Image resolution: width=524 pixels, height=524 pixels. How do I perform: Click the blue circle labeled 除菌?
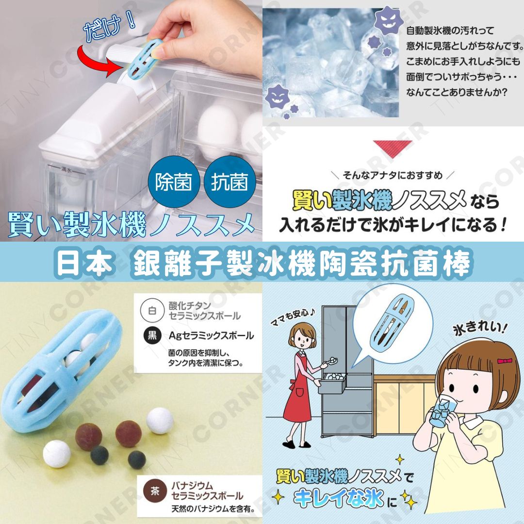click(174, 182)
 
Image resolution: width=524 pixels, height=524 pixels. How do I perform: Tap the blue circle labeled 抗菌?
click(229, 182)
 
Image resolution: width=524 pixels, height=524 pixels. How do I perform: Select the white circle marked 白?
click(152, 311)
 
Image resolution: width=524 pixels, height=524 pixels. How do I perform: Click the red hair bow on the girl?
click(505, 361)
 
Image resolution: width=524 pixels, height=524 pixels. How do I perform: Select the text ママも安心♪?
click(293, 317)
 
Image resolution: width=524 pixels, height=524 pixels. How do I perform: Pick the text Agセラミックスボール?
click(211, 335)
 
